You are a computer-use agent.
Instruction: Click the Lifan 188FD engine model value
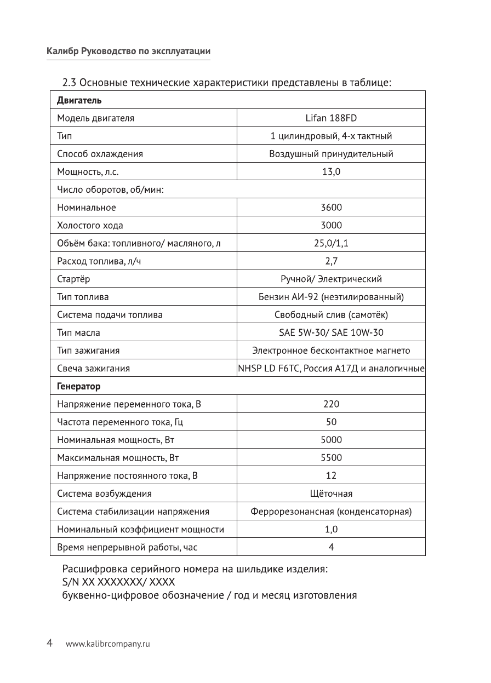coord(331,118)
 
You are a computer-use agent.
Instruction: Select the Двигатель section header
coord(79,100)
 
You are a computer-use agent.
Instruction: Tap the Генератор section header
coord(79,386)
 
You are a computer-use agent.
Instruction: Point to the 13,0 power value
coord(331,171)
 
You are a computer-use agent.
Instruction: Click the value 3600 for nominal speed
coord(331,208)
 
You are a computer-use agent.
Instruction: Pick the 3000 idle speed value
coord(331,225)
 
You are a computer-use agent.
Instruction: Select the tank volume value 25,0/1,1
coord(331,243)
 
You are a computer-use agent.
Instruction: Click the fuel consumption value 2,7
coord(331,261)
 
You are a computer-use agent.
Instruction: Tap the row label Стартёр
coord(74,279)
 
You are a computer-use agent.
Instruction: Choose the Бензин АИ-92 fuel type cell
coord(331,297)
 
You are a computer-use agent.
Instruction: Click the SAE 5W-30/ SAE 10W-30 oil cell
coord(331,332)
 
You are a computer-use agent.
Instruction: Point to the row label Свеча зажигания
coord(94,369)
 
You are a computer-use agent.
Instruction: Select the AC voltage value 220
coord(331,404)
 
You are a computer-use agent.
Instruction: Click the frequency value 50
coord(331,422)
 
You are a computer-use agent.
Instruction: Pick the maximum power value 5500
coord(331,458)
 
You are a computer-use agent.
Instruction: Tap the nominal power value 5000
coord(331,440)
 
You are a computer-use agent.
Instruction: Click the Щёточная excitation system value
coord(331,493)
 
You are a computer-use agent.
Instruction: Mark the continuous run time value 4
coord(331,547)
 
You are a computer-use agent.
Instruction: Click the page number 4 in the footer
coord(49,643)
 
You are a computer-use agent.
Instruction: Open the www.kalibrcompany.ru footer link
coord(107,644)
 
